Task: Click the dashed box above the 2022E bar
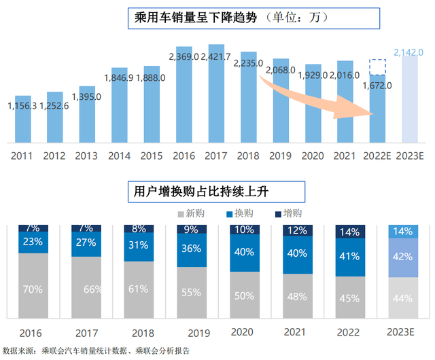pyautogui.click(x=379, y=67)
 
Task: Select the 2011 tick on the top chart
pyautogui.click(x=22, y=155)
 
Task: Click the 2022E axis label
pyautogui.click(x=379, y=155)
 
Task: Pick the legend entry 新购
pyautogui.click(x=195, y=213)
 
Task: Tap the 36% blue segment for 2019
pyautogui.click(x=192, y=249)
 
